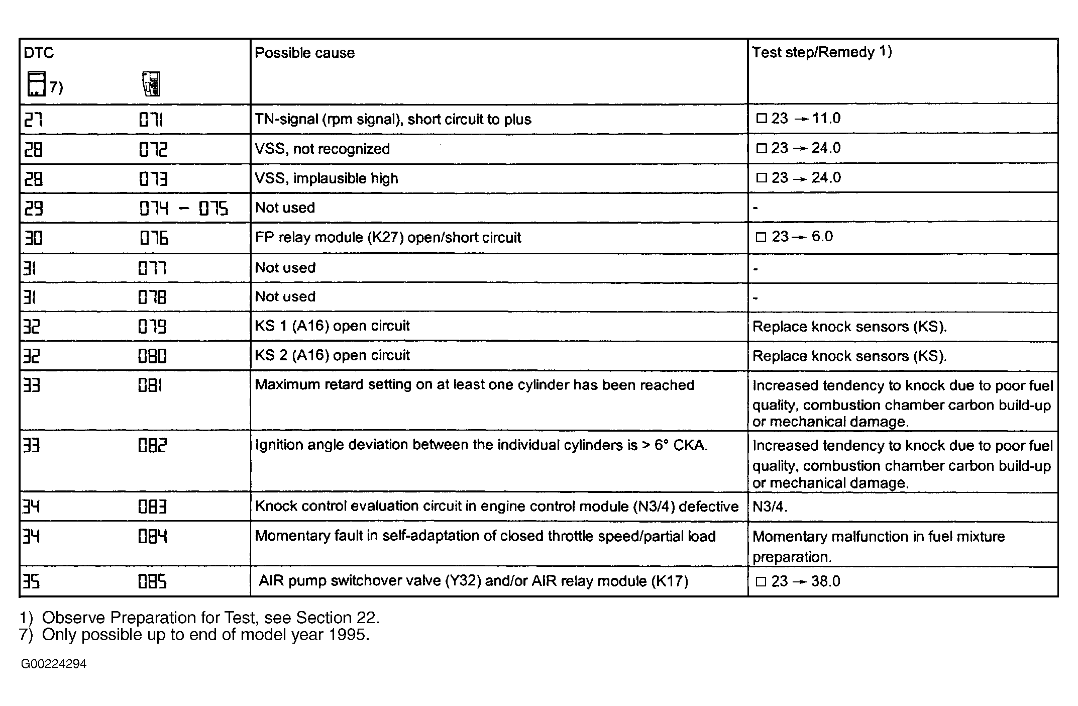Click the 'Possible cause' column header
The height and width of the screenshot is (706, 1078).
click(x=304, y=53)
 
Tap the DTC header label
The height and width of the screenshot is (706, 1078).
click(x=39, y=53)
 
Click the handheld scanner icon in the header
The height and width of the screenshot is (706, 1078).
click(x=151, y=83)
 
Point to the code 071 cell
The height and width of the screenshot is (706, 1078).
click(x=151, y=120)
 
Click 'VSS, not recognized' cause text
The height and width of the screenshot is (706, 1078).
click(x=322, y=149)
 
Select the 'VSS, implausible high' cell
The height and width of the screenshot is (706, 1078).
click(x=326, y=178)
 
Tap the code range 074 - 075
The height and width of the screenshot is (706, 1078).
click(x=183, y=208)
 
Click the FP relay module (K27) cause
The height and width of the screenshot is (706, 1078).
click(x=388, y=237)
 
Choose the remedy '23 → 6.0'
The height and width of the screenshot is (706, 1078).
click(x=794, y=237)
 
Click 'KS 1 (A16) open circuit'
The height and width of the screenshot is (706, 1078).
click(x=332, y=326)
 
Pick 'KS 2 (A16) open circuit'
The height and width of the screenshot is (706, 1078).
click(x=332, y=356)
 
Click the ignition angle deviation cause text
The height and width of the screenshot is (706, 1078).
click(x=481, y=445)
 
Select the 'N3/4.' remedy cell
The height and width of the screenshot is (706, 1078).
click(x=770, y=507)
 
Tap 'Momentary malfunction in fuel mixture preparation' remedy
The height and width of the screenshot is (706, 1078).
click(x=878, y=546)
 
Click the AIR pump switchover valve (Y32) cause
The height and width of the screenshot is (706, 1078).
click(x=473, y=581)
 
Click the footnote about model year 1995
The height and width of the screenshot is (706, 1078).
click(x=194, y=635)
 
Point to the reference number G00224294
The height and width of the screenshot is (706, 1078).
click(x=54, y=664)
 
